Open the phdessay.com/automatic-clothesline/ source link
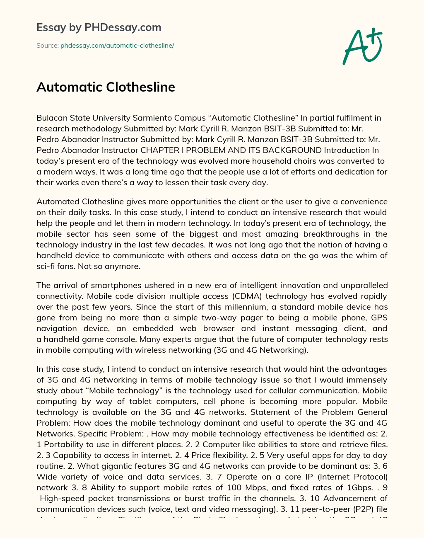(117, 46)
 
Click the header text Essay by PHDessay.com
(99, 27)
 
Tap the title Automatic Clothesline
(106, 87)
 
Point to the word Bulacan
(51, 118)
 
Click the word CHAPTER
(160, 150)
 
